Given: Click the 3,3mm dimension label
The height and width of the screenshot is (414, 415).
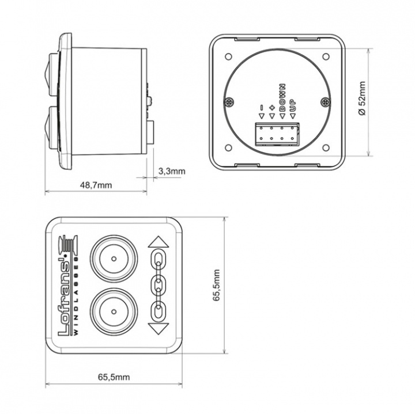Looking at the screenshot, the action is pos(172,171).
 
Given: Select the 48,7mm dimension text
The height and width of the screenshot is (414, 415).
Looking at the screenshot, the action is pos(96,185).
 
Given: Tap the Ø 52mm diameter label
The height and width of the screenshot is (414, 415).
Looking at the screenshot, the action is pos(362,98).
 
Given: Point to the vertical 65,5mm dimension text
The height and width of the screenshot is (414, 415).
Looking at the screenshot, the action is pos(216,286).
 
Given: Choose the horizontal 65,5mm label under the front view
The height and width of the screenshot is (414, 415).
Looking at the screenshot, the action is pos(114,377).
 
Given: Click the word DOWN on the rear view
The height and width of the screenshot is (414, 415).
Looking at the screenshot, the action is pos(282,97).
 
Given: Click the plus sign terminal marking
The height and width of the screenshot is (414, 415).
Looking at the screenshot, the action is pos(272,108).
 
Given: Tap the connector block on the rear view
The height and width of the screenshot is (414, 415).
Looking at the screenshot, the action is pos(277,134).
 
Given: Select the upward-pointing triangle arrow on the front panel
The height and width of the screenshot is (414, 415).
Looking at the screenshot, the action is pos(159,242).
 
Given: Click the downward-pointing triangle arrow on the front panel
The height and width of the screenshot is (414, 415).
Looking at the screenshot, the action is pos(159,329).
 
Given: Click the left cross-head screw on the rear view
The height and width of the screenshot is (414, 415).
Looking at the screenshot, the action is pos(229,102).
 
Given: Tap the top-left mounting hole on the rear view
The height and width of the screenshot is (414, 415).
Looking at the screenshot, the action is pos(228,56).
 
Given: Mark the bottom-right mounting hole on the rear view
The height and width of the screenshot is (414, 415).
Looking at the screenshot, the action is pos(326,147).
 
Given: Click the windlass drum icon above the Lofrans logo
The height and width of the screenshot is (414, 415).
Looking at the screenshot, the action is pos(68,244).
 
